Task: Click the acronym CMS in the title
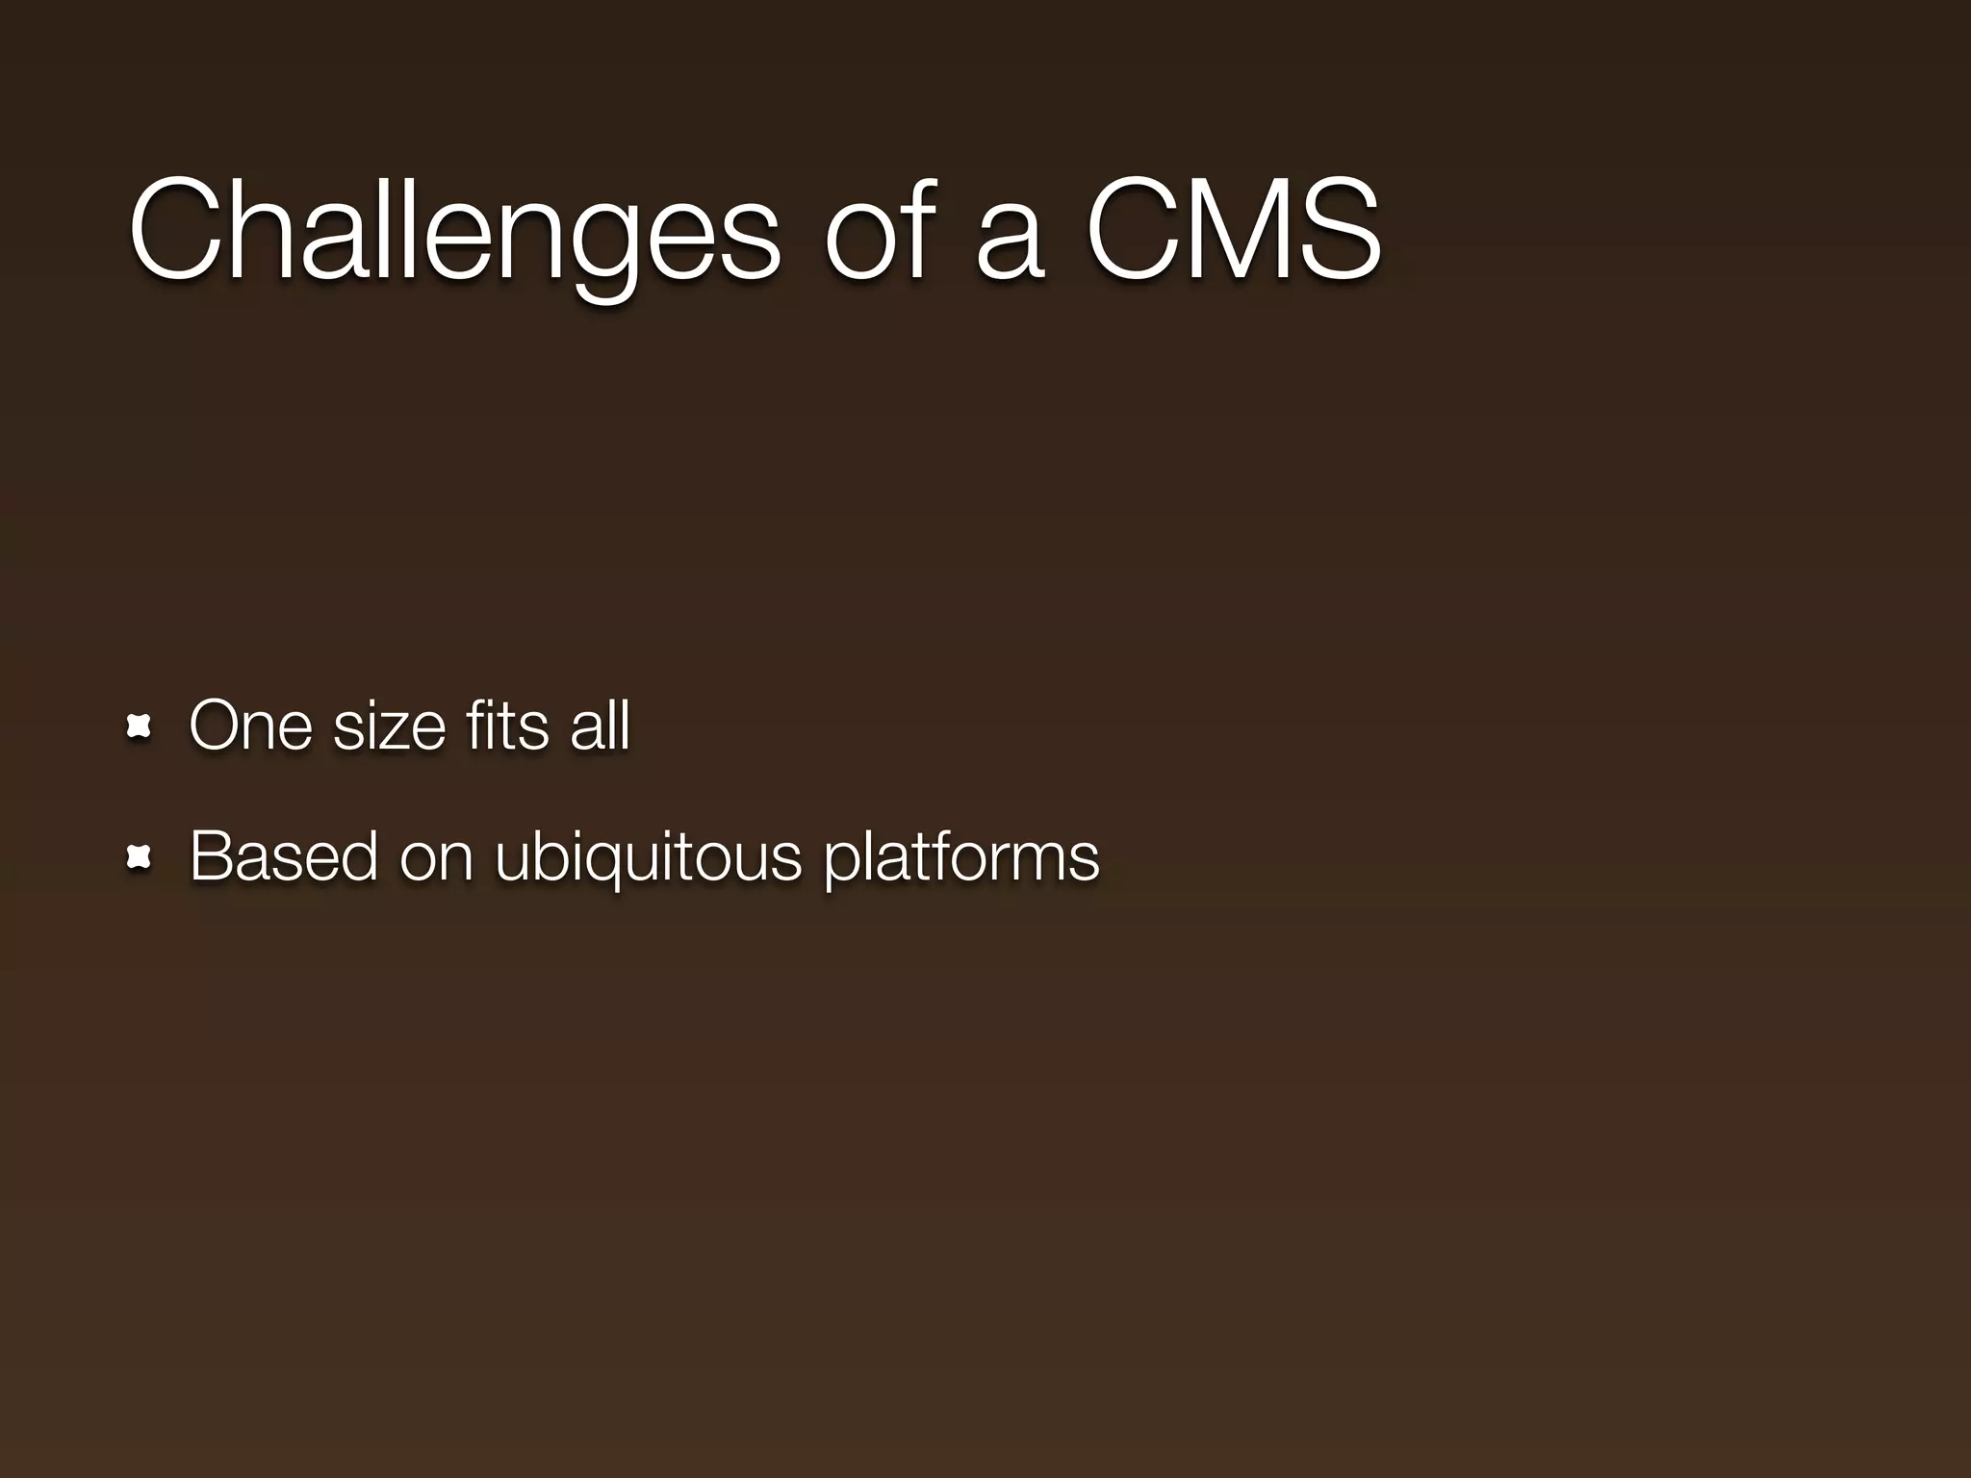(1234, 231)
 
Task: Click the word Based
(283, 855)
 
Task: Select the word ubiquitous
(649, 857)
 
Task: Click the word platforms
(960, 857)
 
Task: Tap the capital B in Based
(213, 855)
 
